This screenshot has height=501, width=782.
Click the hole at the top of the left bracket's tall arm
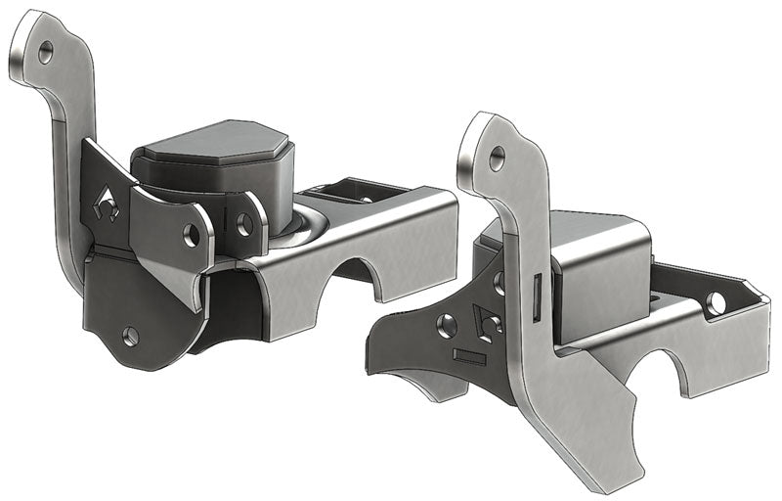pyautogui.click(x=45, y=55)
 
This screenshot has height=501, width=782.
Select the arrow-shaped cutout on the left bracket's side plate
pyautogui.click(x=109, y=205)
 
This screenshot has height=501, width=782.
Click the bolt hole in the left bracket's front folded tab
pyautogui.click(x=193, y=234)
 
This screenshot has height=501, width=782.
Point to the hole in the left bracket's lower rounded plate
pyautogui.click(x=131, y=336)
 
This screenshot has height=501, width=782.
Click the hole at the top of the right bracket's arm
pyautogui.click(x=497, y=155)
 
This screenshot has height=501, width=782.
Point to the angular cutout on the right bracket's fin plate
pyautogui.click(x=486, y=321)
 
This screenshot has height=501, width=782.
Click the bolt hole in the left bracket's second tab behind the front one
pyautogui.click(x=244, y=224)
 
